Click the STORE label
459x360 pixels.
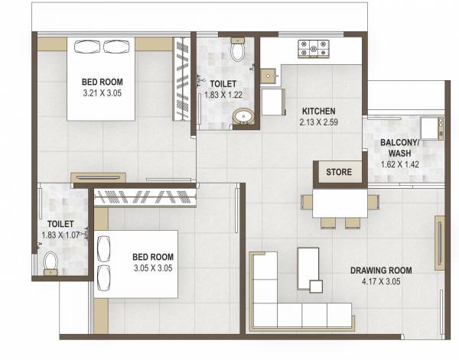339,172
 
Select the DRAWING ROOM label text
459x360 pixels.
381,270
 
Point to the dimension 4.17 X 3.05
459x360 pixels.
381,281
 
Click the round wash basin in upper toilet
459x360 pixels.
244,118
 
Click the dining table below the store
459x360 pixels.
340,203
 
